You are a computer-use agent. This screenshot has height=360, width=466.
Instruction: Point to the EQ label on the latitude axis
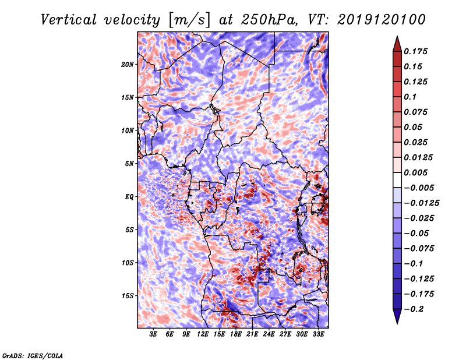coord(129,196)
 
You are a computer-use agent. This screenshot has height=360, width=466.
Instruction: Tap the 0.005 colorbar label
coord(417,172)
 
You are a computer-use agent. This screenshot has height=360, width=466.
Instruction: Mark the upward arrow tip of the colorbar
coord(396,37)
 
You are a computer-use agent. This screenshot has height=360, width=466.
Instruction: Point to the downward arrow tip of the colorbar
coord(396,322)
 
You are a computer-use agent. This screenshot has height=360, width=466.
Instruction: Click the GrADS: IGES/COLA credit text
coord(32,355)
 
